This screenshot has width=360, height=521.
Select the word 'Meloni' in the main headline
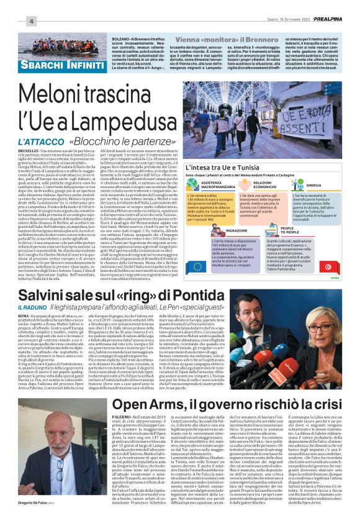68,94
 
